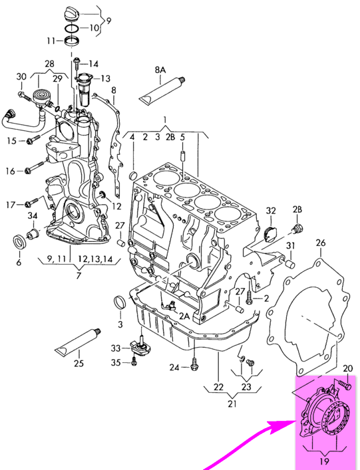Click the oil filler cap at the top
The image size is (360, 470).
click(72, 14)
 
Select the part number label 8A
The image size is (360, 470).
click(160, 70)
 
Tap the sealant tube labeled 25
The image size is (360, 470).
click(78, 343)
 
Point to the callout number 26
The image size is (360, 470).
click(320, 243)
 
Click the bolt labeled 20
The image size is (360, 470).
click(345, 384)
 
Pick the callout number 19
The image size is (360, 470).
click(325, 461)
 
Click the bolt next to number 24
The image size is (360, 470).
click(194, 364)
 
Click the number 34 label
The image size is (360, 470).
click(33, 215)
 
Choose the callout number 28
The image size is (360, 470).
click(49, 64)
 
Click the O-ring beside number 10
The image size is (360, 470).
click(72, 29)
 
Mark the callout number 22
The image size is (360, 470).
click(218, 386)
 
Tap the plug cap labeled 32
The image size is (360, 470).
click(271, 234)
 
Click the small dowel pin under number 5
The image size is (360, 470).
click(183, 157)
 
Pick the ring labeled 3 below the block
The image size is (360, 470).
click(120, 302)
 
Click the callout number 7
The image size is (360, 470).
click(79, 275)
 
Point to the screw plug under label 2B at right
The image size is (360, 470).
click(297, 229)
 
